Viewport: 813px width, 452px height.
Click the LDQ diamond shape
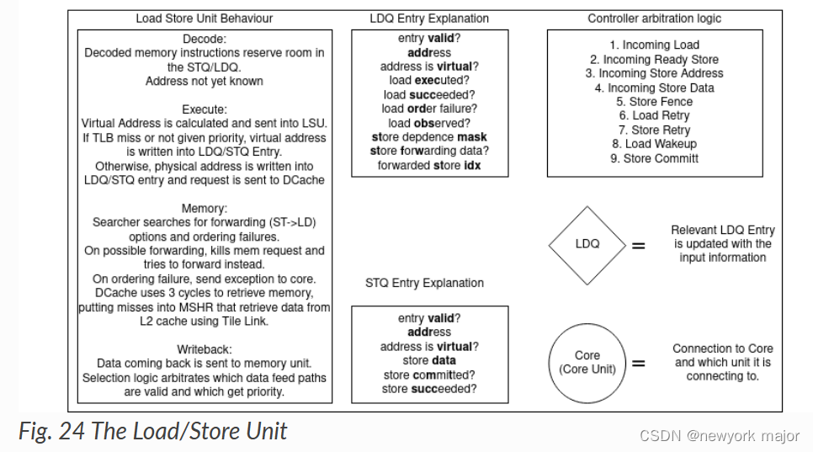(x=587, y=244)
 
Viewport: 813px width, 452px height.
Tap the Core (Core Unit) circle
(x=587, y=363)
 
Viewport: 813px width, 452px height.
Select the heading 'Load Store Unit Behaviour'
(x=204, y=19)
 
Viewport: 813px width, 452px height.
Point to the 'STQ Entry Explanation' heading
(x=425, y=283)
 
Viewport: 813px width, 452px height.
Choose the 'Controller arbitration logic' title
(x=654, y=19)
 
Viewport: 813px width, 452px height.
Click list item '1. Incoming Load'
(x=654, y=45)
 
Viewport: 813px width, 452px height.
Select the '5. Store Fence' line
(x=654, y=101)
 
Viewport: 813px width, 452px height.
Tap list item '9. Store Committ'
(x=654, y=158)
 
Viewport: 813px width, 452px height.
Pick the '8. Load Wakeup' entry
(x=654, y=144)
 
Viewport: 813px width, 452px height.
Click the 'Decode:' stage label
(x=205, y=39)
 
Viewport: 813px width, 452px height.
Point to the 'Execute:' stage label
(x=205, y=109)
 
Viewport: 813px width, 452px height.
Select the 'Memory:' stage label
(x=205, y=208)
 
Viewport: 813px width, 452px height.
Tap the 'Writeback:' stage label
(x=205, y=349)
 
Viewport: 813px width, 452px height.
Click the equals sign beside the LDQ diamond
(x=639, y=246)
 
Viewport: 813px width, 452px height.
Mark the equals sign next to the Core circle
(x=639, y=364)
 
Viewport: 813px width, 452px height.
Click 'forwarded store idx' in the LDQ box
(x=428, y=165)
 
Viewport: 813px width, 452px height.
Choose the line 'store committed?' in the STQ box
(x=428, y=375)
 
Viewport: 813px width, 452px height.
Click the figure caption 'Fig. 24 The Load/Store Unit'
(x=152, y=432)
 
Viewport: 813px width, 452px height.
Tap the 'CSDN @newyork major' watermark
(x=719, y=436)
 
